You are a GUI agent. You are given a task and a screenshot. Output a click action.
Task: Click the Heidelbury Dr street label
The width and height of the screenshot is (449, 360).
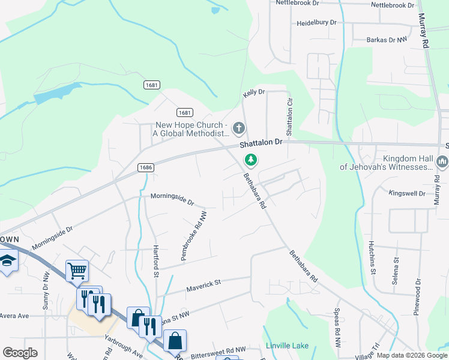coord(317,23)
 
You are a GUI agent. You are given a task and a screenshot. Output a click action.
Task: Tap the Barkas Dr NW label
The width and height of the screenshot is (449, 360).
coord(387,40)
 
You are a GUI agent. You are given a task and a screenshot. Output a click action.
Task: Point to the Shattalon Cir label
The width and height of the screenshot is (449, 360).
coord(289,118)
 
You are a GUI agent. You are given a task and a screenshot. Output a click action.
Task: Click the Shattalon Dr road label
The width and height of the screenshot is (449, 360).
coord(261,143)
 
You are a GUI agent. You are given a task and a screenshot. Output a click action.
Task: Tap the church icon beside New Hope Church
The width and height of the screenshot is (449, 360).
coord(239,128)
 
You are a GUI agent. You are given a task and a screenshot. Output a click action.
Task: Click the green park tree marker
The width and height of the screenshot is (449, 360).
coord(250,160)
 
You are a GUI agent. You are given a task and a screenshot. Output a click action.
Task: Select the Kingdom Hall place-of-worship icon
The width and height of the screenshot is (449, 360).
coord(442,161)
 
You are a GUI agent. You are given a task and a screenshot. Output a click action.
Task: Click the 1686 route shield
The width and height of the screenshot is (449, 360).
coord(145,167)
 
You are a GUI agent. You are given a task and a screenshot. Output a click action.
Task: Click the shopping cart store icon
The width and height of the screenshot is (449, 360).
coord(77,271)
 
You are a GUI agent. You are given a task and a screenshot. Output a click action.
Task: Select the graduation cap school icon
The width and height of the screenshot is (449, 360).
coord(7,260)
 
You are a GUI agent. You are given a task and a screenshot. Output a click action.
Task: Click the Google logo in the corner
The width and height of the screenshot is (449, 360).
coord(20,353)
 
